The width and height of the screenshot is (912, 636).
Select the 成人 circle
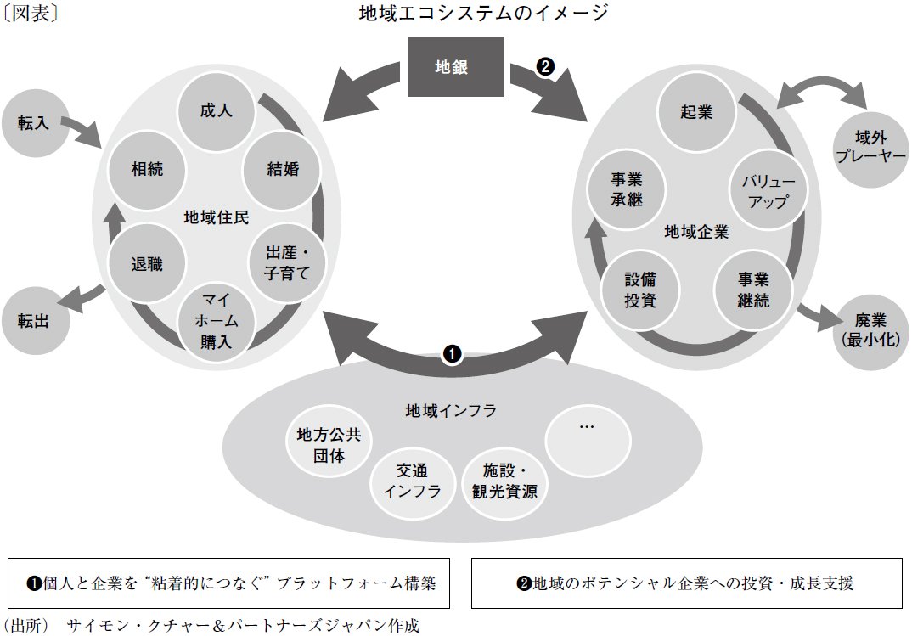[216, 111]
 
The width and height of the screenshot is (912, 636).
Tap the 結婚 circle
[283, 168]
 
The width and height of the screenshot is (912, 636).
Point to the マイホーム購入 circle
[216, 323]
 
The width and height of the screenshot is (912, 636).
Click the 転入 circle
[34, 123]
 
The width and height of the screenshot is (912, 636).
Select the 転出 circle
[34, 320]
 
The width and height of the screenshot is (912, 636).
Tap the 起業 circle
[696, 112]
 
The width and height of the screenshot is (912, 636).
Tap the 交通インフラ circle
[412, 481]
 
